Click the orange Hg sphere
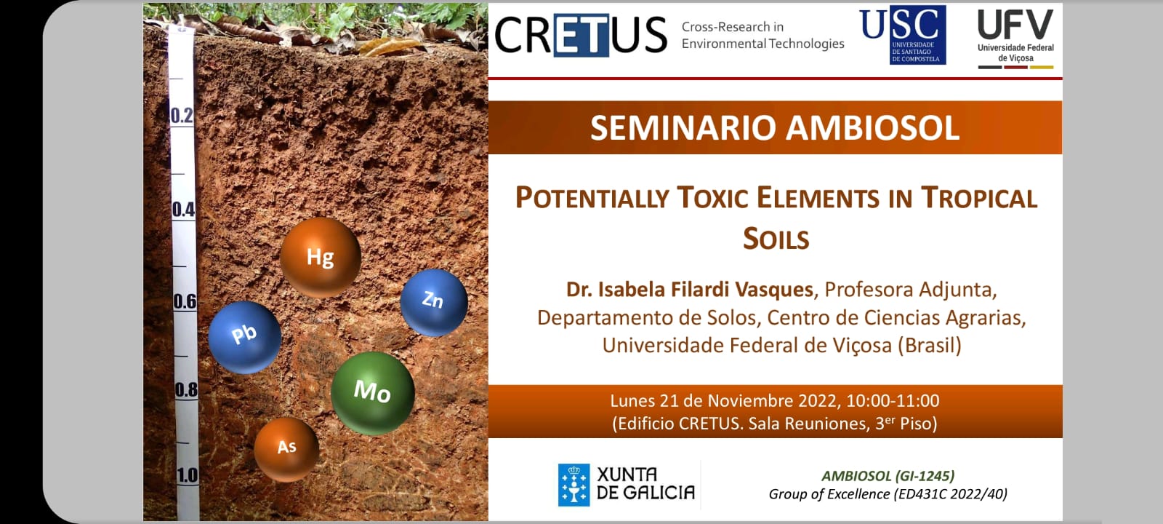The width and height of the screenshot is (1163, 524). tap(321, 258)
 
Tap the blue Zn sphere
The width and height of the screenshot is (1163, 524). tap(434, 303)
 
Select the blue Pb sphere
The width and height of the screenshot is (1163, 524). tap(245, 338)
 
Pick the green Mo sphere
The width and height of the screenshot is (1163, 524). tap(373, 393)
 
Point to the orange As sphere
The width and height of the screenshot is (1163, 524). tap(286, 449)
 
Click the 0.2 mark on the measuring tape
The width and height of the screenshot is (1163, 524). tap(182, 116)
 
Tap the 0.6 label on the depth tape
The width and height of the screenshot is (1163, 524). tap(185, 301)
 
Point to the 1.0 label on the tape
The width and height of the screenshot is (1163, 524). tap(188, 475)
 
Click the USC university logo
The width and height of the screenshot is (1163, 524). tap(904, 35)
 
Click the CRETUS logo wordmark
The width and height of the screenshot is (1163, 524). tap(581, 35)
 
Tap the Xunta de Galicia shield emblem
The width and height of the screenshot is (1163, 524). tap(574, 485)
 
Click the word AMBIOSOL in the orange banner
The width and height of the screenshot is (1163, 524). tap(872, 128)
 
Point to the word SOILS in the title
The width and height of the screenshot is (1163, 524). tap(776, 239)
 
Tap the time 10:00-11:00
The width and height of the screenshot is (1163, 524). tap(893, 401)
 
